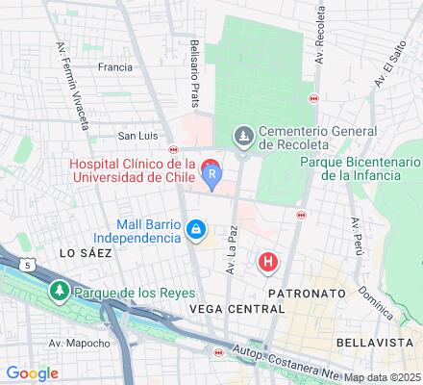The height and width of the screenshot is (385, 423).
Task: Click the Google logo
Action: [32, 373]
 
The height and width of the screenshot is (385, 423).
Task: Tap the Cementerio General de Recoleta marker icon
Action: [242, 137]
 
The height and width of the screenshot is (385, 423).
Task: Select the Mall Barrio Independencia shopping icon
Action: [195, 229]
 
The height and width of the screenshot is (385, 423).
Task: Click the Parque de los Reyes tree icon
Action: [60, 290]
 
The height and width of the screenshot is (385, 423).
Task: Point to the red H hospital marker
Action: [269, 260]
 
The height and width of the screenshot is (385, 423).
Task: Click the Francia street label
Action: [114, 68]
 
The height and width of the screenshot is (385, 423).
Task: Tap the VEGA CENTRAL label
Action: [237, 309]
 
